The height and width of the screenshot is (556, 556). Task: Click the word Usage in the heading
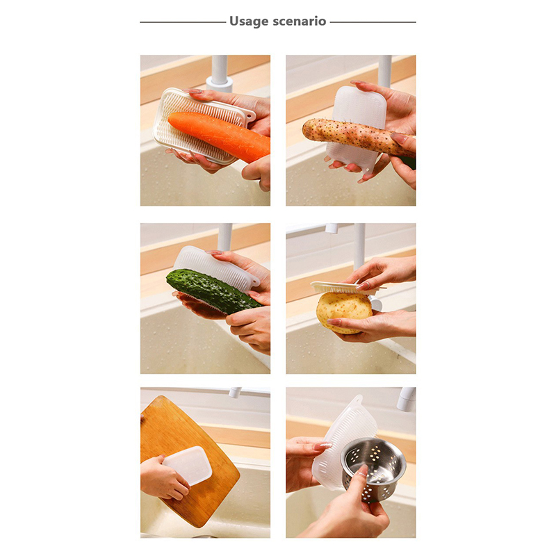point(249,22)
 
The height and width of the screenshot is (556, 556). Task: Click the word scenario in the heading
point(300,22)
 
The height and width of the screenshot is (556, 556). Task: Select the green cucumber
point(212,290)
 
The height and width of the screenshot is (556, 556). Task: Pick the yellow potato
point(343,313)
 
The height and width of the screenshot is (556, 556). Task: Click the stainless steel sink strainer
point(373,468)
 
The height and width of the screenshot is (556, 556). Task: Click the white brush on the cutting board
point(188,465)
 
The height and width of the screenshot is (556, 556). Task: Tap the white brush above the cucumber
point(216,263)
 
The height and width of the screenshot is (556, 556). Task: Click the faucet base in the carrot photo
point(220,85)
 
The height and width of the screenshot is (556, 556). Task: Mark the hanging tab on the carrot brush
point(250,115)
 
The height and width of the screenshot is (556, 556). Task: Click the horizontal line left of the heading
point(183,22)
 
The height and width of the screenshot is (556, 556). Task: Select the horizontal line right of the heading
point(373,22)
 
